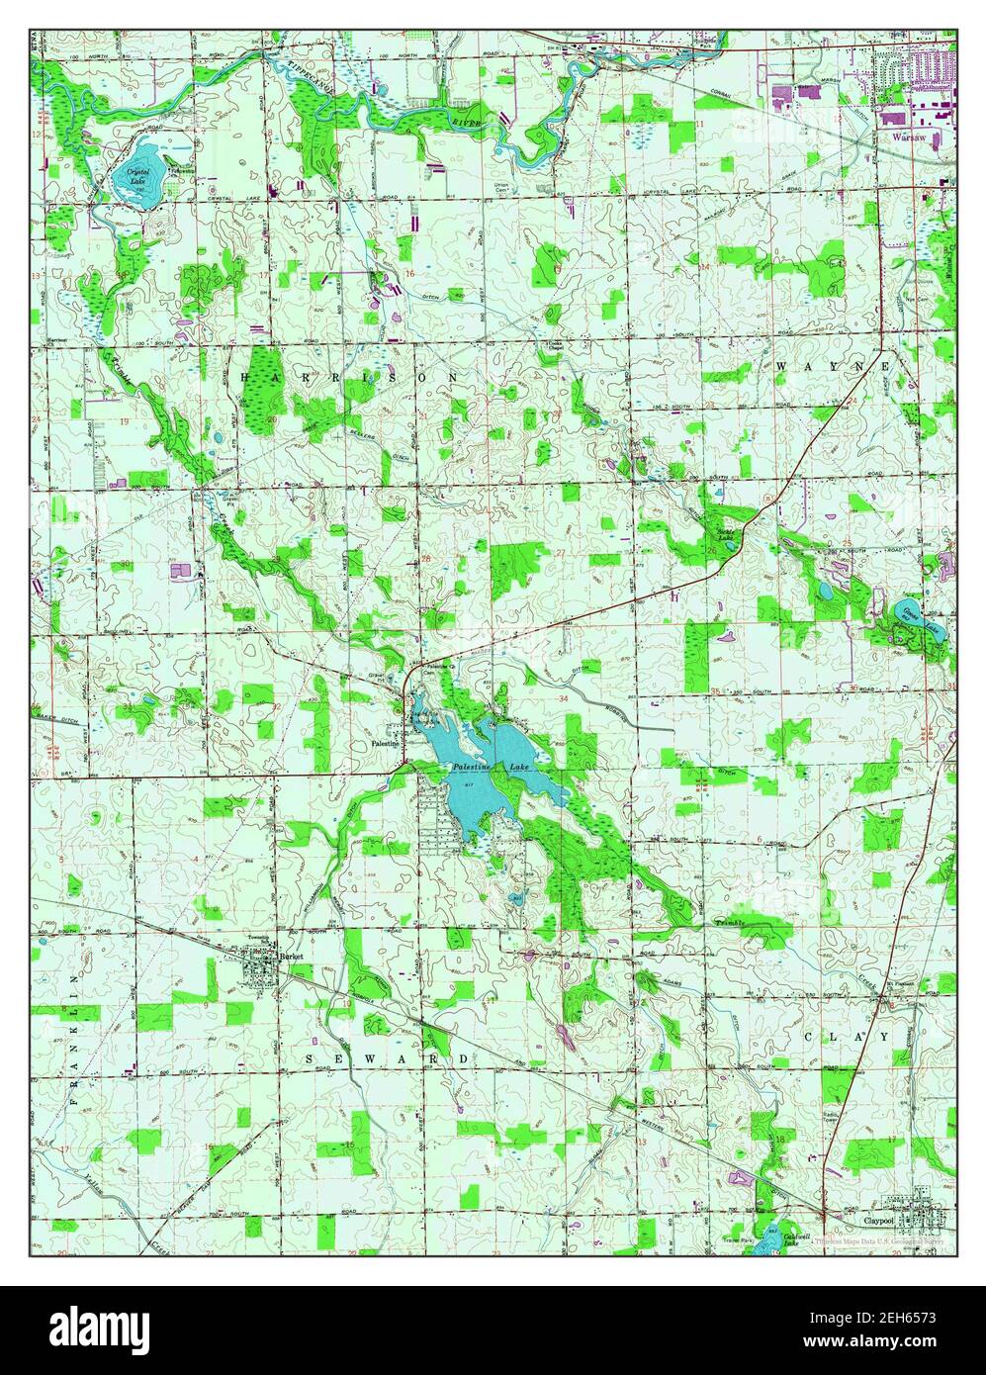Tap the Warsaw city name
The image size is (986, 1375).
pyautogui.click(x=909, y=139)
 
